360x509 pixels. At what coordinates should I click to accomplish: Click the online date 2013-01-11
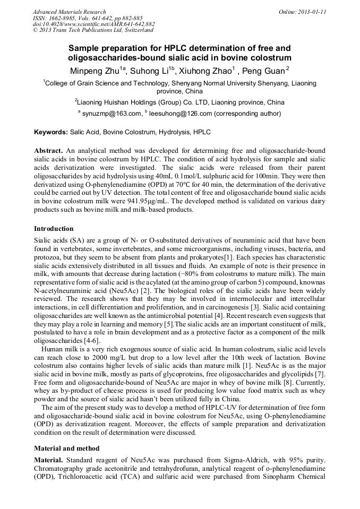[311, 12]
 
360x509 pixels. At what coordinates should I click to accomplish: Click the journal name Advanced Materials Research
[69, 12]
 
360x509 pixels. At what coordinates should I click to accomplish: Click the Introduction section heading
[54, 229]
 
